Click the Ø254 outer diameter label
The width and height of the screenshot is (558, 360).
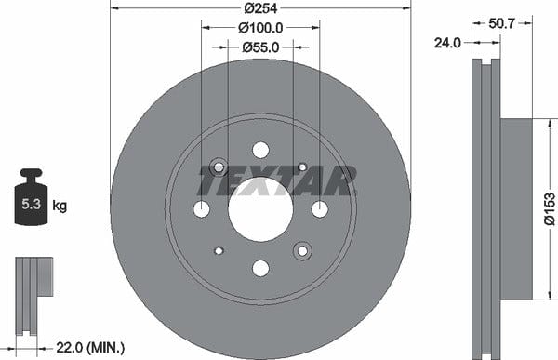coord(260,8)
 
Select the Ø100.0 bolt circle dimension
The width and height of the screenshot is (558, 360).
coord(260,28)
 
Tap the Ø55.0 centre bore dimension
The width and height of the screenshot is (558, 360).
coord(260,47)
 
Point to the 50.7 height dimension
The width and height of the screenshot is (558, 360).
coord(501,23)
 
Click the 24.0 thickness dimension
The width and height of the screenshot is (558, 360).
coord(447,43)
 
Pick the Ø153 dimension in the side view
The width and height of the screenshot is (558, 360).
coord(550,208)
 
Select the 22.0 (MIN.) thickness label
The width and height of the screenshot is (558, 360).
coord(90,347)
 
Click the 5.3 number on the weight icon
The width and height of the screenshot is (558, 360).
coord(32,204)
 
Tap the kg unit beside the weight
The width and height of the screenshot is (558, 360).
coord(60,206)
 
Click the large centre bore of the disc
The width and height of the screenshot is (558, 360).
coord(260,209)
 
